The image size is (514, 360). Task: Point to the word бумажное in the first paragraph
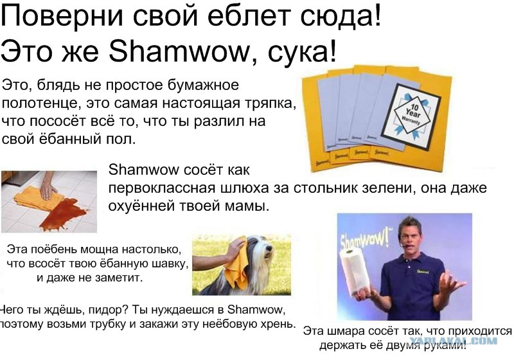(x=203, y=85)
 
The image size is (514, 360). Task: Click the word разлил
(x=219, y=122)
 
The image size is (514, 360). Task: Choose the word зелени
(x=389, y=188)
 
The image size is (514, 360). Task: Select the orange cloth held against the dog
(x=238, y=265)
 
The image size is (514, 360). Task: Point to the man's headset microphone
(x=404, y=245)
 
